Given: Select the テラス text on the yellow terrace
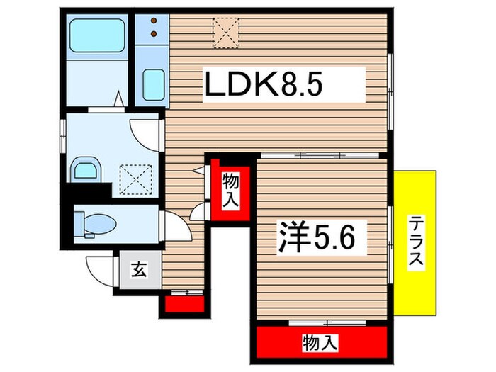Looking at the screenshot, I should click(416, 243).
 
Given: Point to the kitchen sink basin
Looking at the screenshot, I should click(154, 85).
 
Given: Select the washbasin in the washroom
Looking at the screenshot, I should click(86, 169).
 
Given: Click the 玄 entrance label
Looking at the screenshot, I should click(138, 270).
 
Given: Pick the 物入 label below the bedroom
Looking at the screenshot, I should click(320, 343).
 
